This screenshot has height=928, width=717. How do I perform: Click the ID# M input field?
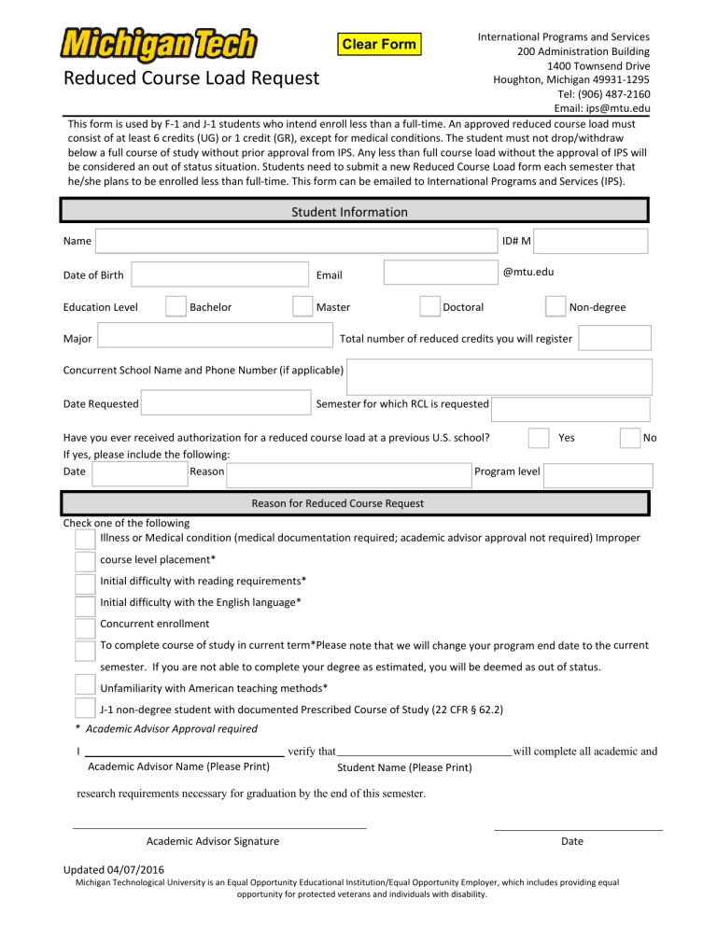coord(591,241)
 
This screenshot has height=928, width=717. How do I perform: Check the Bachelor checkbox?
coord(176,307)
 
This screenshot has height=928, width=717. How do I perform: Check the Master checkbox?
coord(302,307)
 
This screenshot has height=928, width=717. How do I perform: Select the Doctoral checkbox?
coord(429,307)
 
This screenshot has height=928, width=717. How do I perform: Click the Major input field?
coord(215,338)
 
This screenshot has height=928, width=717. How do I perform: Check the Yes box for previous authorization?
coord(538,438)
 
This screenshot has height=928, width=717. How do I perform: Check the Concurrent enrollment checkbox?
coord(85,624)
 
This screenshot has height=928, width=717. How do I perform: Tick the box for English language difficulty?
coord(85,603)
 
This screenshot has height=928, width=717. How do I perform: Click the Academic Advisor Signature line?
coord(218,826)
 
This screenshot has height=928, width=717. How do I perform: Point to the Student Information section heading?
coord(349,212)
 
